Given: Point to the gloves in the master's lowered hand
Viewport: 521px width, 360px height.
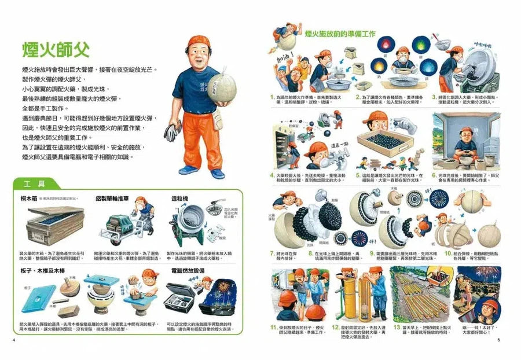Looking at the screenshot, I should pos(173,132).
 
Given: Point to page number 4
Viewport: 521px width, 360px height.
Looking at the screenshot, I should pos(13,339).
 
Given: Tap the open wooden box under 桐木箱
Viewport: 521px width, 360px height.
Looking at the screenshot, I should pos(49,226).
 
